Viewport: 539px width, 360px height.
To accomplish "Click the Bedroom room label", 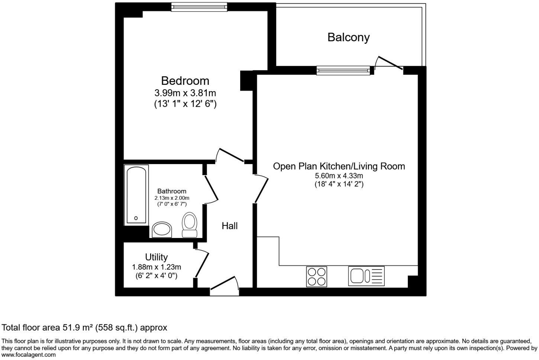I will (185, 81).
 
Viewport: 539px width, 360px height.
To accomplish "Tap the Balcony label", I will (348, 37).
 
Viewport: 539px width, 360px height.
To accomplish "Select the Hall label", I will (229, 226).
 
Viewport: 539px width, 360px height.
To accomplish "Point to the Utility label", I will (156, 257).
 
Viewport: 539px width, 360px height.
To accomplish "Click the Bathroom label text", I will (171, 191).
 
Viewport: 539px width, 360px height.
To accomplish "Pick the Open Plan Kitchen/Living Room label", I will (339, 166).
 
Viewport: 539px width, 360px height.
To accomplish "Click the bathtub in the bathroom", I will (137, 195).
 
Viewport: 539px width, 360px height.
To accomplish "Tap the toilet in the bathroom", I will (190, 225).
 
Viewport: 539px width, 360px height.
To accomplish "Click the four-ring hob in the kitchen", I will (317, 277).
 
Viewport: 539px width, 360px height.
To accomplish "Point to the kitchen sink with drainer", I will (366, 276).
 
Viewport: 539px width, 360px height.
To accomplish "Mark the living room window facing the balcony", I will (343, 70).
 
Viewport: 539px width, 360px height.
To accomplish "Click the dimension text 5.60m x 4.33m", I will (339, 176).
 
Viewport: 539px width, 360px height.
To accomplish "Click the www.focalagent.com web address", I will (29, 355).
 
